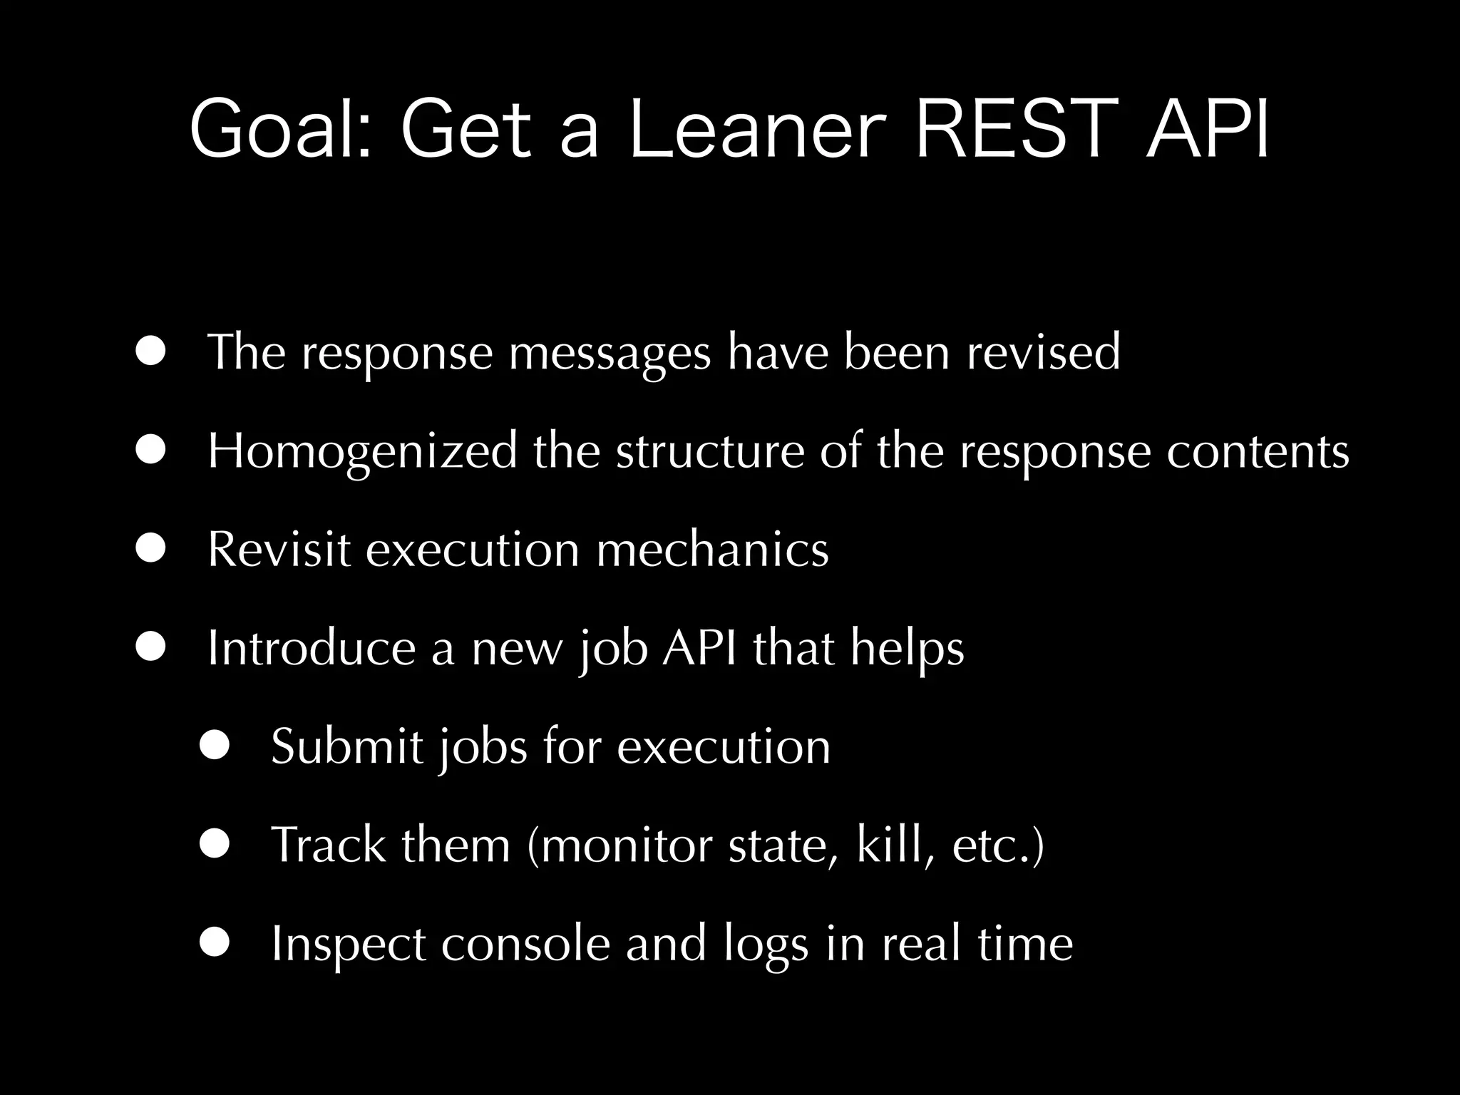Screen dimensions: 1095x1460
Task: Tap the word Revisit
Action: (x=279, y=549)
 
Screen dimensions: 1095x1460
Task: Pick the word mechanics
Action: (x=712, y=549)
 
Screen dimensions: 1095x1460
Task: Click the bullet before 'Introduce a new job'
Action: (x=152, y=647)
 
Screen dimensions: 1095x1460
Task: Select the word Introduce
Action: (x=311, y=647)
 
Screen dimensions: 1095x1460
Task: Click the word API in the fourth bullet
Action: (x=699, y=647)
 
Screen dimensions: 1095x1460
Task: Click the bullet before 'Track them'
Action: (x=215, y=844)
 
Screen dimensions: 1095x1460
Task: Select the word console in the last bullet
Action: (x=525, y=943)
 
